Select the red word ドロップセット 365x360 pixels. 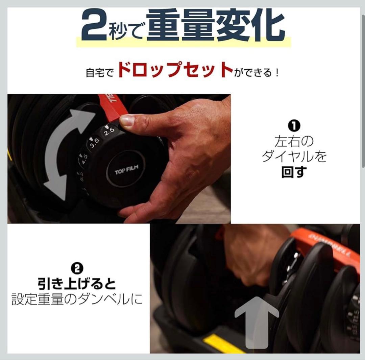point(175,70)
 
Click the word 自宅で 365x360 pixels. point(100,72)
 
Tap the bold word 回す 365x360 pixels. point(294,172)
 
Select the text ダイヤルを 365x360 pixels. point(294,157)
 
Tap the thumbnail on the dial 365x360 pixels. point(127,120)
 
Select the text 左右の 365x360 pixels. point(294,142)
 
